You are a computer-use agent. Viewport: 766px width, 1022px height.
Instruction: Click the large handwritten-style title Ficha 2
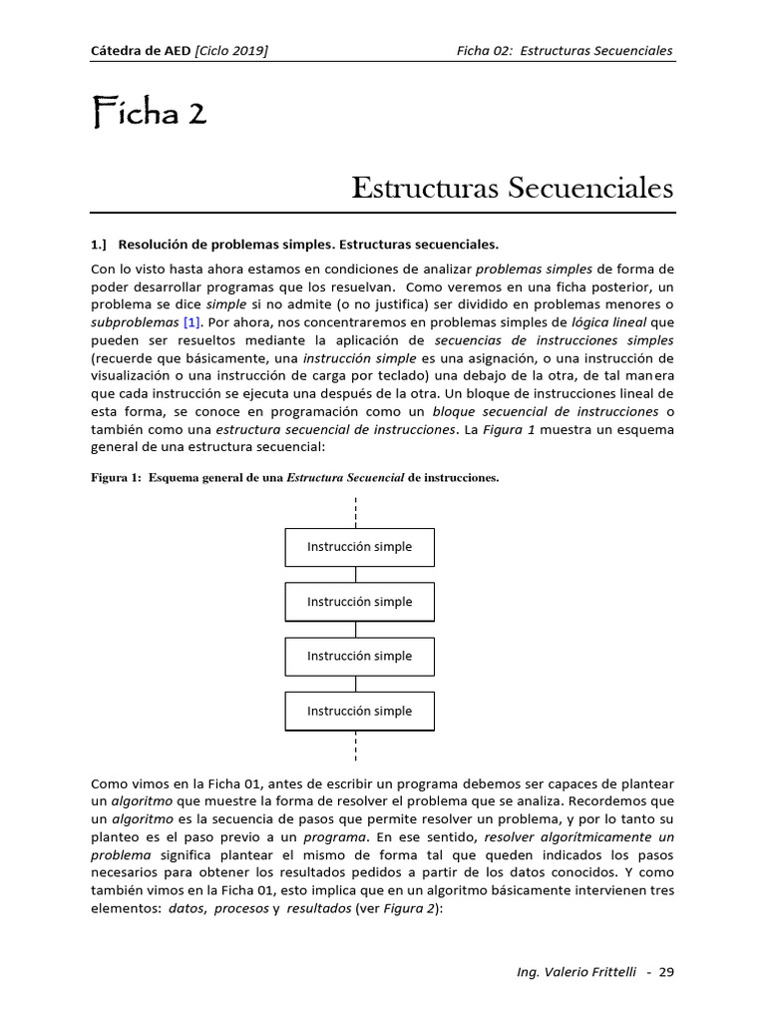click(x=149, y=114)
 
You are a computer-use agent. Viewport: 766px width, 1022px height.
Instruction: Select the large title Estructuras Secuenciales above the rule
click(x=513, y=188)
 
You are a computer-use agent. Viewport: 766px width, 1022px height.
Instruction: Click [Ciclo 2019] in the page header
click(x=231, y=51)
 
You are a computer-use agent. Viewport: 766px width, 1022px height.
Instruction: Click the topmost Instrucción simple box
click(x=359, y=547)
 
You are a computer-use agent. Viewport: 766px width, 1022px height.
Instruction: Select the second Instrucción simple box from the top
click(x=359, y=602)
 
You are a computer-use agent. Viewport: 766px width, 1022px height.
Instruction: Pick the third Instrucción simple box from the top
click(x=359, y=656)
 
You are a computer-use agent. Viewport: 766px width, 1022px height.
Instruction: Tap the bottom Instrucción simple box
click(x=359, y=711)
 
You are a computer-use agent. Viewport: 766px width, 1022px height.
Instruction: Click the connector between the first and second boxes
click(x=356, y=574)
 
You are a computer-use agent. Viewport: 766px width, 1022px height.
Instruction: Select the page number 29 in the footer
click(x=666, y=972)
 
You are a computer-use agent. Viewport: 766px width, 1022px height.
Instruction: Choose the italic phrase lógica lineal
click(x=609, y=322)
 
